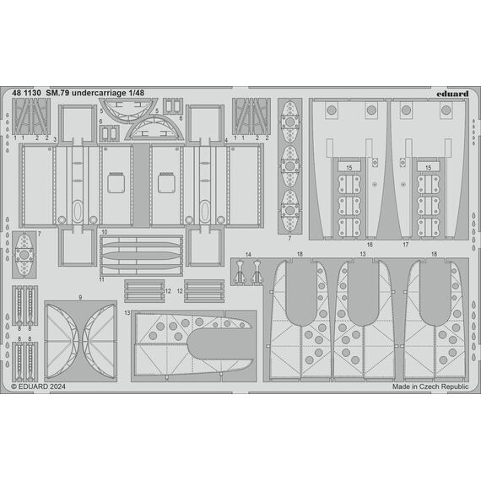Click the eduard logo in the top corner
click(x=452, y=94)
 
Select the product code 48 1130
click(x=26, y=93)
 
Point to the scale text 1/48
click(x=136, y=93)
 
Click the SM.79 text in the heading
click(x=58, y=93)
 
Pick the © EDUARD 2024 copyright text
click(x=38, y=386)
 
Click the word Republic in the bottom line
click(x=455, y=386)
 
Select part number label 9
click(x=80, y=297)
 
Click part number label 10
click(x=105, y=232)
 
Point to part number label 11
click(x=101, y=279)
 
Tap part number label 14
click(x=248, y=254)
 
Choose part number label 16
click(x=370, y=245)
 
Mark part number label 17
click(x=406, y=245)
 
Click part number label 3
click(x=55, y=139)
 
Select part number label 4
click(x=226, y=140)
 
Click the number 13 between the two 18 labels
click(x=363, y=254)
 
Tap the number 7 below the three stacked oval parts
click(x=289, y=238)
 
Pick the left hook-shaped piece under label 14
click(x=240, y=272)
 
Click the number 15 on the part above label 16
click(x=349, y=167)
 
